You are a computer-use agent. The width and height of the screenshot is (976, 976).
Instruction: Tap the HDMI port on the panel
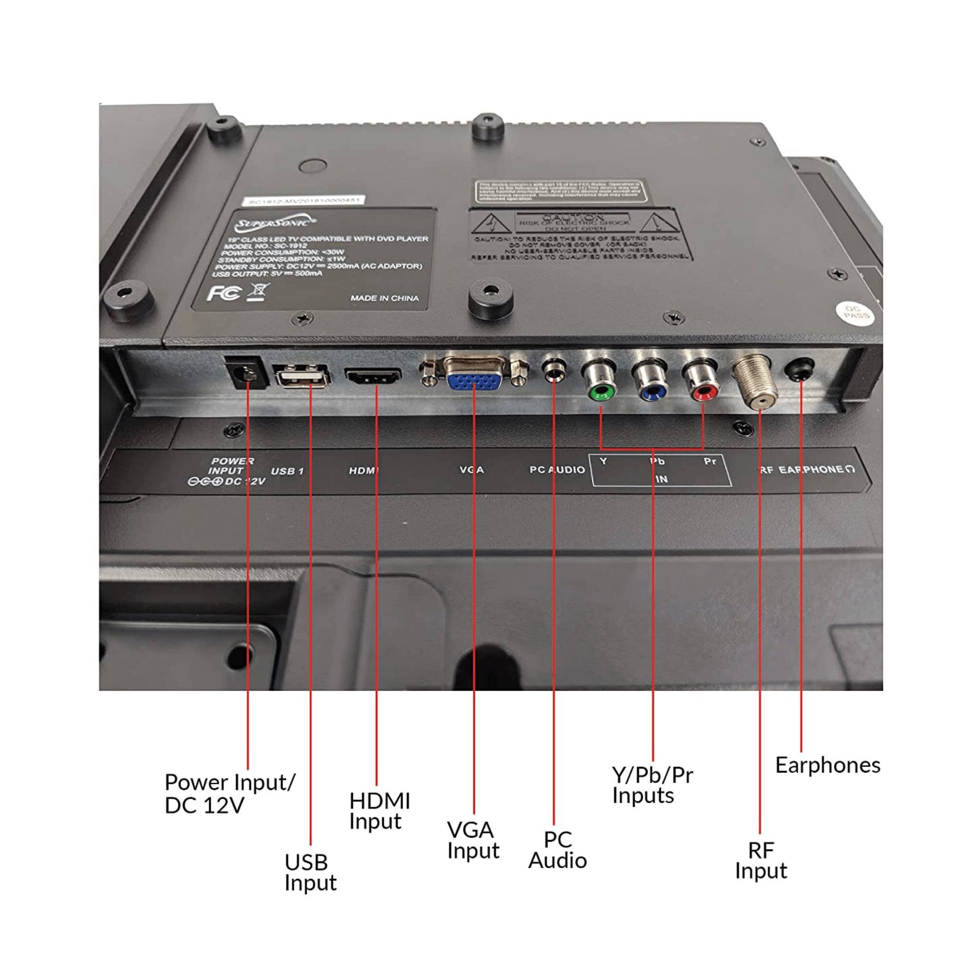[x=373, y=376]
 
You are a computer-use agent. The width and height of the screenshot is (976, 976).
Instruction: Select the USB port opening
[x=302, y=377]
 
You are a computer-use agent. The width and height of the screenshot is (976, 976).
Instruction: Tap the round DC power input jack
[x=247, y=374]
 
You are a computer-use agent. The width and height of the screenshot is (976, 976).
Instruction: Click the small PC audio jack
[x=554, y=372]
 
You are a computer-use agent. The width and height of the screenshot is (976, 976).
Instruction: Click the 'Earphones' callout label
[x=827, y=765]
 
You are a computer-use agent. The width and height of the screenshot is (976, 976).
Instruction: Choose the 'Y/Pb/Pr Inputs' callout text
[x=651, y=785]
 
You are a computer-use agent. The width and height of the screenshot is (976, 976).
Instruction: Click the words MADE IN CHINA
[x=385, y=298]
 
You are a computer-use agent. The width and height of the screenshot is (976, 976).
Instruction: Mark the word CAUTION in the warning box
[x=572, y=217]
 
